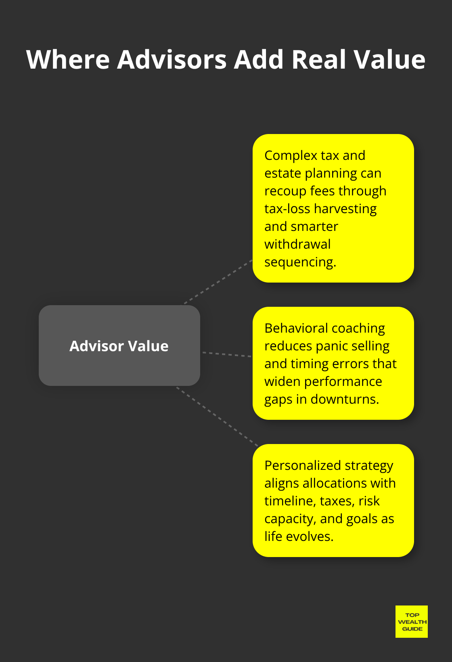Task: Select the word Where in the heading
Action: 68,60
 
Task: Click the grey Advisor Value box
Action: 119,346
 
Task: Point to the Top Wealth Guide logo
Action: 411,622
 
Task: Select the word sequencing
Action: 300,262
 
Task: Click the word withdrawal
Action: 297,244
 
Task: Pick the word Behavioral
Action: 296,328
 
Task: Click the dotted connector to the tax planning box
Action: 218,282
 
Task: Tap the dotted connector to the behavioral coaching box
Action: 226,354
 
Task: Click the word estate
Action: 282,173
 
